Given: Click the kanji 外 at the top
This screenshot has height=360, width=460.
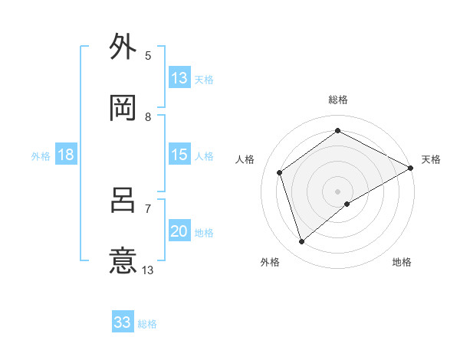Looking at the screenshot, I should pyautogui.click(x=123, y=47).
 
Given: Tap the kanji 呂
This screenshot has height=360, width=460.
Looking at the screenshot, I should pyautogui.click(x=123, y=200).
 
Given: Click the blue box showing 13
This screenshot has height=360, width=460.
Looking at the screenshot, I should pyautogui.click(x=179, y=78).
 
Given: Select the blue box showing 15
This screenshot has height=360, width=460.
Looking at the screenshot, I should pyautogui.click(x=179, y=155).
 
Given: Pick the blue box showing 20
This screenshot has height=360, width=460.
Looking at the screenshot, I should pyautogui.click(x=179, y=231).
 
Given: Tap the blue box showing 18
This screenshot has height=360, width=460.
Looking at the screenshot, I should pyautogui.click(x=66, y=155).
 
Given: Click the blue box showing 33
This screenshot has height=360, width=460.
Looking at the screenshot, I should pyautogui.click(x=123, y=322).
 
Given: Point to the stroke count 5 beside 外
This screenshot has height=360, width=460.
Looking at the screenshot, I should pyautogui.click(x=148, y=55).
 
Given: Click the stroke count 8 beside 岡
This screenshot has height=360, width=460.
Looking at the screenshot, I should pyautogui.click(x=148, y=116).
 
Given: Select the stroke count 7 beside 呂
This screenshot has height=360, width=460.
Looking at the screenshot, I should pyautogui.click(x=148, y=208).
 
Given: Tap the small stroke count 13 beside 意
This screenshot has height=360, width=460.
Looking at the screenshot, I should pyautogui.click(x=148, y=270).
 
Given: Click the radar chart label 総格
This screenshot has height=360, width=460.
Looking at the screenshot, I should pyautogui.click(x=338, y=100).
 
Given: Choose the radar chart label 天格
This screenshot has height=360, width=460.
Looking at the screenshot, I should pyautogui.click(x=431, y=159).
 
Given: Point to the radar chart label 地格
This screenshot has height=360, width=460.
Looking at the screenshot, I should pyautogui.click(x=402, y=262).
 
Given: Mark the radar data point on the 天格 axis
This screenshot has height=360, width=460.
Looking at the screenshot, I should pyautogui.click(x=411, y=168).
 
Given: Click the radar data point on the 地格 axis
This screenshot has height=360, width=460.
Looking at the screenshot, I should pyautogui.click(x=347, y=204).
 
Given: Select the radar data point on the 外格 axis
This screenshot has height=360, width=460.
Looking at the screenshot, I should pyautogui.click(x=302, y=242).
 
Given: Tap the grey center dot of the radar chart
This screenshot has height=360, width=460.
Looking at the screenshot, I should pyautogui.click(x=338, y=191).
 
